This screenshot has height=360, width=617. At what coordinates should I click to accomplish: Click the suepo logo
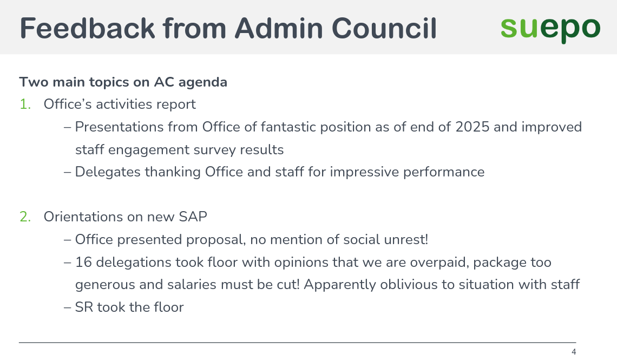coord(550,28)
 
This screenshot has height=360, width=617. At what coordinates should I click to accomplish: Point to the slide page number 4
coord(574,352)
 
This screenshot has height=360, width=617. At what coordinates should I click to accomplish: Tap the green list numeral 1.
coord(24,104)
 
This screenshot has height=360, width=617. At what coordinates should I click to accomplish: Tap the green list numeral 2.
coord(25,217)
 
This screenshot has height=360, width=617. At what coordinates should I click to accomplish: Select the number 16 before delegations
coord(83,263)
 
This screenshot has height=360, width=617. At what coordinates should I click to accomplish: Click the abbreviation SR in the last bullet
coord(83,307)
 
